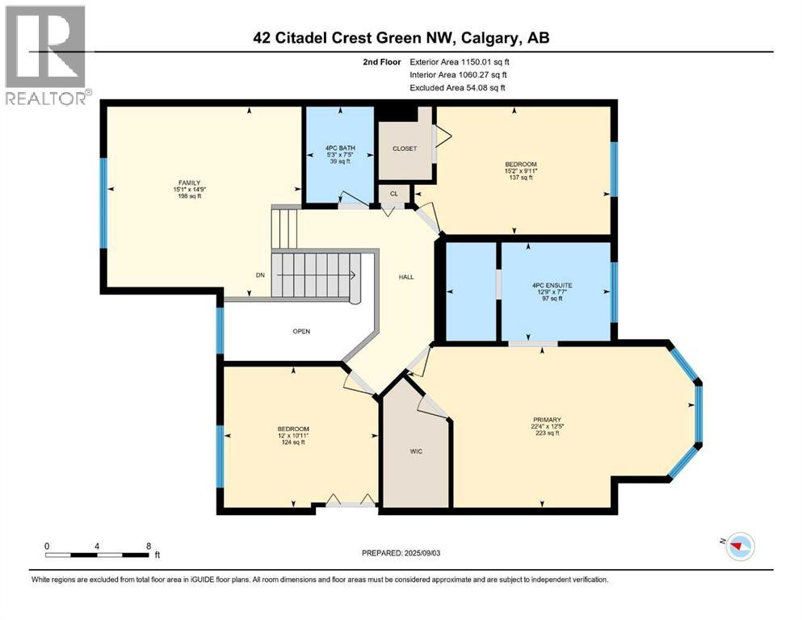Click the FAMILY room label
tap(190, 183)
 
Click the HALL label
tap(406, 277)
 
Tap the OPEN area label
tap(301, 331)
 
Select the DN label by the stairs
tap(260, 275)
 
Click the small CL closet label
tap(393, 195)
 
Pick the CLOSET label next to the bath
tap(404, 149)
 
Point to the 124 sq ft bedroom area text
tap(293, 442)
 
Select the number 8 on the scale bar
tap(148, 545)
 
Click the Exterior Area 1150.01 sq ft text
tap(460, 61)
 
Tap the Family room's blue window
tap(103, 203)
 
